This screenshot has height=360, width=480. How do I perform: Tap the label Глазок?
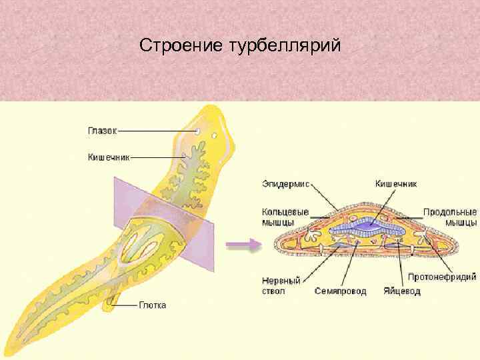point(102,131)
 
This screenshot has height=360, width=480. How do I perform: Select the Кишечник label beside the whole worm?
point(109,157)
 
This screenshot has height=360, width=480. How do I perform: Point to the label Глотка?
point(153,305)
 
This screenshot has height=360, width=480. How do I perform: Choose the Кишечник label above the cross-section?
point(396,182)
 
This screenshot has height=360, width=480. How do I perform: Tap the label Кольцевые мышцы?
point(285,217)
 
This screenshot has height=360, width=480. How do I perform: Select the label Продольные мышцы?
point(449,217)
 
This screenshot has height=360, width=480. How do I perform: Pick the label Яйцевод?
point(401,291)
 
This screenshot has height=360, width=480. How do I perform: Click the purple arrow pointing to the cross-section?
point(241,245)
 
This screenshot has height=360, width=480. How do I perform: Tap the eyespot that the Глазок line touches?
point(199,132)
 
